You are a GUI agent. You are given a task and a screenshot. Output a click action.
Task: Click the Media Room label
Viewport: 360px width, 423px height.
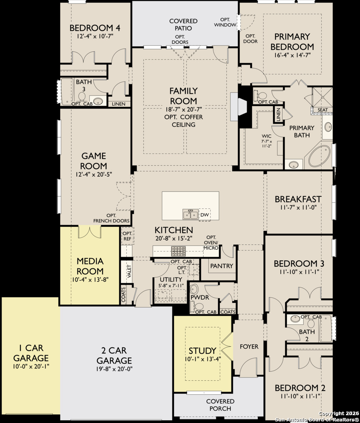click(x=90, y=266)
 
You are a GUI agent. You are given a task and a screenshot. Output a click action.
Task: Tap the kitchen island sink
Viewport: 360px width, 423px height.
click(x=190, y=215)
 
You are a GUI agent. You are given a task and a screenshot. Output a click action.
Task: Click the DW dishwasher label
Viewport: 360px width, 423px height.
click(x=204, y=215)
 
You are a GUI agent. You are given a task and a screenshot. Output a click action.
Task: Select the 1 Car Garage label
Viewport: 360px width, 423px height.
click(x=31, y=353)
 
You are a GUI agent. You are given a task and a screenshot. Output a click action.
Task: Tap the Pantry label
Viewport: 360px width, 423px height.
click(x=222, y=266)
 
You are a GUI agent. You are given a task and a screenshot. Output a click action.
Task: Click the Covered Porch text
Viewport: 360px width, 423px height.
click(x=220, y=405)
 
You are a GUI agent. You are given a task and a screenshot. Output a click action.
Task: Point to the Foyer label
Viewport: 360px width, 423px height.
click(x=249, y=347)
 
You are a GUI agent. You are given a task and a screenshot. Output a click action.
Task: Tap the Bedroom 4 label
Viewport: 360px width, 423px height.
click(x=94, y=28)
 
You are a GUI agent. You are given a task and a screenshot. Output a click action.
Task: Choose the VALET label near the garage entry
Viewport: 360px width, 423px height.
click(x=129, y=272)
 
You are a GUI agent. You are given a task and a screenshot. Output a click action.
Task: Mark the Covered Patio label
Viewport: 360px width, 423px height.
click(x=183, y=24)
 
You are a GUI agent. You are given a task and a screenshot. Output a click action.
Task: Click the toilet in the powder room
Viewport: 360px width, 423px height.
click(x=194, y=290)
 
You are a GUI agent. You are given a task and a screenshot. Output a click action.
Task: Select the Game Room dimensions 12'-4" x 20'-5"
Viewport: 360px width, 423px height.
click(x=94, y=174)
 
